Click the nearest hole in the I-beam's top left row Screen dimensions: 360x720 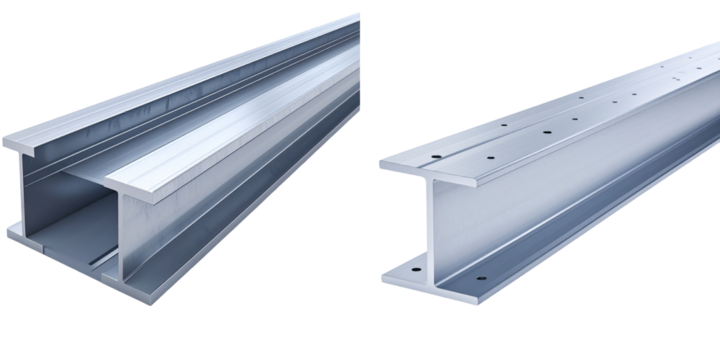tap(436, 157)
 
